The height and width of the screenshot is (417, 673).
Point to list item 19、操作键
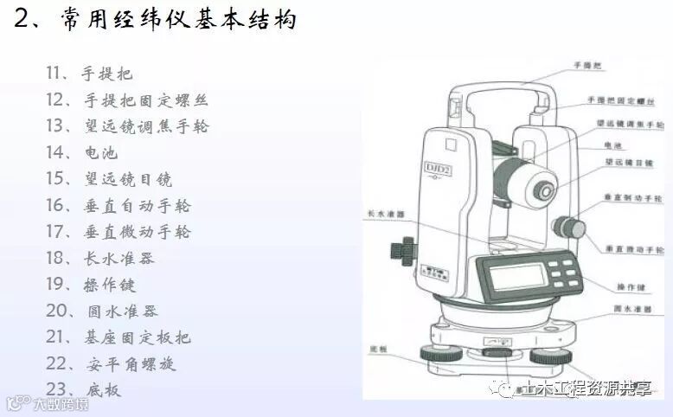(x=91, y=284)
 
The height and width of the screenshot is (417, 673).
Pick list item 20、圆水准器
(x=101, y=311)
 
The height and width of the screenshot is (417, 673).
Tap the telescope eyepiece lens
(x=546, y=187)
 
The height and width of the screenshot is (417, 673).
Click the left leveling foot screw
(x=432, y=354)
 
